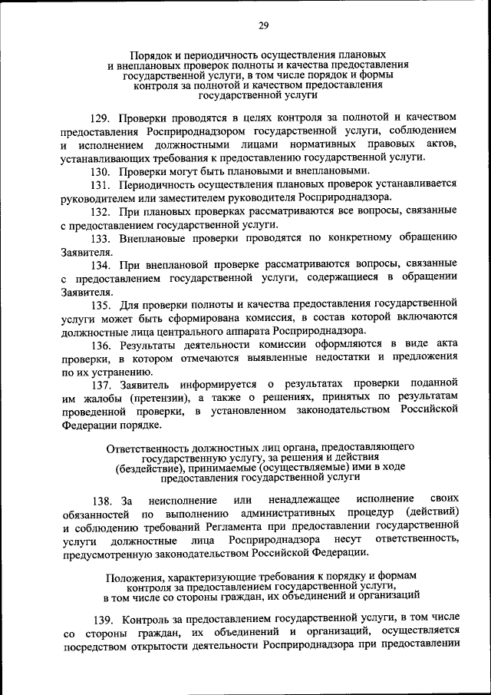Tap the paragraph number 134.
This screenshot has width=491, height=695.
(x=102, y=264)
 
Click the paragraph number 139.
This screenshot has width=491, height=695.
(x=102, y=617)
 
